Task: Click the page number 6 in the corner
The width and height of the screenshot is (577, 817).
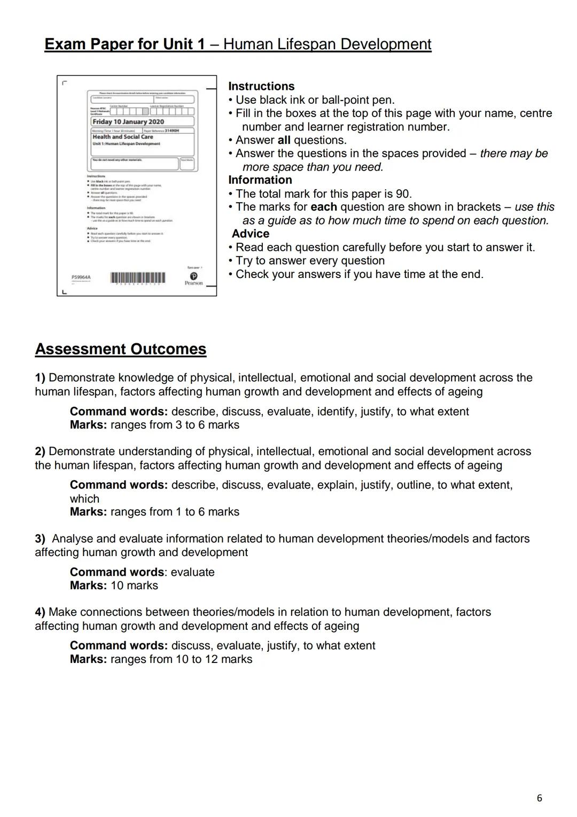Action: click(539, 798)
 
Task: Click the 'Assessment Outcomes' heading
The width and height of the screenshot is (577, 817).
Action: click(120, 349)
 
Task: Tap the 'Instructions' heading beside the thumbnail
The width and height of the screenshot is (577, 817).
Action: click(261, 86)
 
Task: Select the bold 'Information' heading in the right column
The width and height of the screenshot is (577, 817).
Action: click(260, 180)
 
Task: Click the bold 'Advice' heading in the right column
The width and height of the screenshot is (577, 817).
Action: click(251, 234)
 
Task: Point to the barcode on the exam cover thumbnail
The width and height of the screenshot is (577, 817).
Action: click(137, 278)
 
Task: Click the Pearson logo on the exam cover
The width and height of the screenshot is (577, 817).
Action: click(193, 274)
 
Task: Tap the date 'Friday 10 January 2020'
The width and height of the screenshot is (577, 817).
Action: click(128, 121)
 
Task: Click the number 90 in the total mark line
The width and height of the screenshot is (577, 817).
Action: click(402, 194)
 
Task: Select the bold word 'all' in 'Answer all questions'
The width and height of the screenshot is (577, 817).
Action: click(284, 140)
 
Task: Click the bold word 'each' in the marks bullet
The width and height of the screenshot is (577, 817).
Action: click(323, 207)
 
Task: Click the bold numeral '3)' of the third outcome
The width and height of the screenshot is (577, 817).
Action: click(40, 538)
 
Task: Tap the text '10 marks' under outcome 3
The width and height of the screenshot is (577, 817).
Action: click(134, 585)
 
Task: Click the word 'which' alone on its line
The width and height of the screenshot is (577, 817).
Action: click(84, 498)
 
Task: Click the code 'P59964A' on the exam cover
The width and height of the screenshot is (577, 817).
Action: click(81, 278)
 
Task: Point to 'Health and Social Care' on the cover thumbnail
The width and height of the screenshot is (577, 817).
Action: click(123, 137)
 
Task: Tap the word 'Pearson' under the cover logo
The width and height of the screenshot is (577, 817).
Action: click(193, 283)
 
